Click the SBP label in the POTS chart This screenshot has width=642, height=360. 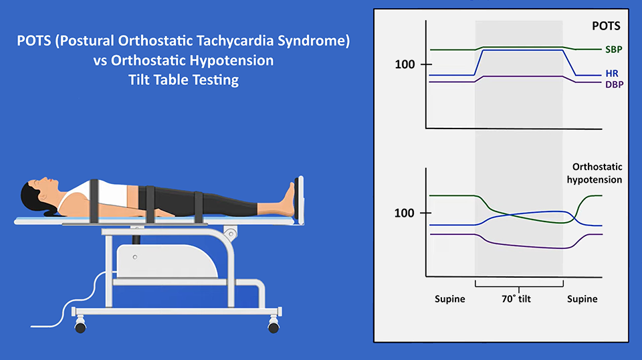(614, 50)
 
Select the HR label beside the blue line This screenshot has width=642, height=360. (612, 74)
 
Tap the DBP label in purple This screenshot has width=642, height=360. (614, 85)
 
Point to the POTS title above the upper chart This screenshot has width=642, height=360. (606, 26)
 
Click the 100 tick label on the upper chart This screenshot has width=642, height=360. (405, 65)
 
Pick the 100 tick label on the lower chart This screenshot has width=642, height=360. (404, 213)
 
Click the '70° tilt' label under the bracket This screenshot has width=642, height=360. (516, 299)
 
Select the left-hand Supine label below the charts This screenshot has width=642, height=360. (449, 299)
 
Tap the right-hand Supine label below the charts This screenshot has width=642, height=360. (582, 299)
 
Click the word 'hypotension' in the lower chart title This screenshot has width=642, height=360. (594, 180)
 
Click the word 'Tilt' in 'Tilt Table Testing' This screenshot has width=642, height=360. (138, 80)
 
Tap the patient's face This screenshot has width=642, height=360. (46, 185)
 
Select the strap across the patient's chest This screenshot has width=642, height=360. (94, 201)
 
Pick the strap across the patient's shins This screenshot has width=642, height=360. (199, 207)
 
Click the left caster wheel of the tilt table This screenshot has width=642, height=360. (81, 327)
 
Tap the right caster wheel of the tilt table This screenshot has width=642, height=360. (274, 327)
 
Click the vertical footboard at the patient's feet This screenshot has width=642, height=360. (300, 200)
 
